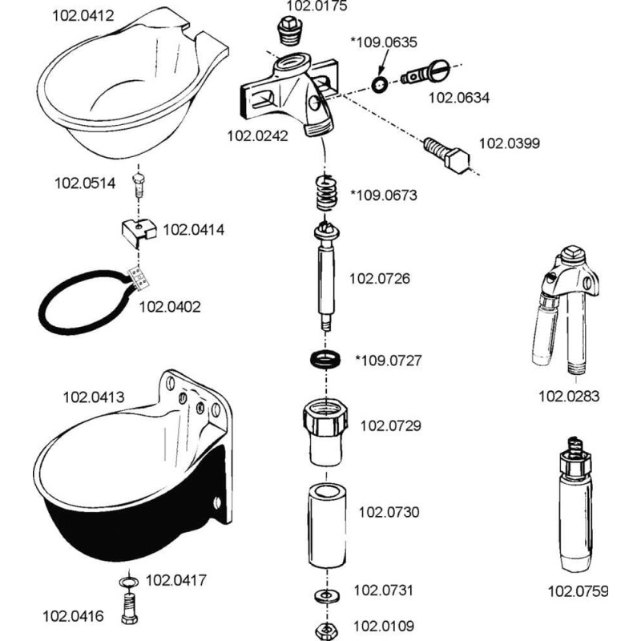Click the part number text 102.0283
pos(567,396)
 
